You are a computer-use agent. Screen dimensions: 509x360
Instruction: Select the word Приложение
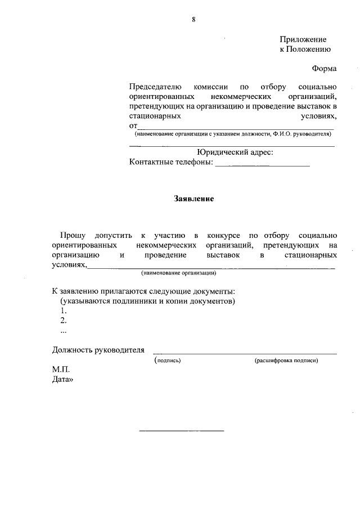point(303,39)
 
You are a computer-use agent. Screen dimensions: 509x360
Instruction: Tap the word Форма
point(325,69)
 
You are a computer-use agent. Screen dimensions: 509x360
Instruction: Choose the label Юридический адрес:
point(235,152)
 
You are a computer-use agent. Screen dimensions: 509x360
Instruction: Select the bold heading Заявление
point(193,199)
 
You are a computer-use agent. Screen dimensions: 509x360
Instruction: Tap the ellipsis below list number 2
point(62,330)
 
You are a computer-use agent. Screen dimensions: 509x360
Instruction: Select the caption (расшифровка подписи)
point(286,361)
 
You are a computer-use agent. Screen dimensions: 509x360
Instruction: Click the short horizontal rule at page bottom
point(181,431)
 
